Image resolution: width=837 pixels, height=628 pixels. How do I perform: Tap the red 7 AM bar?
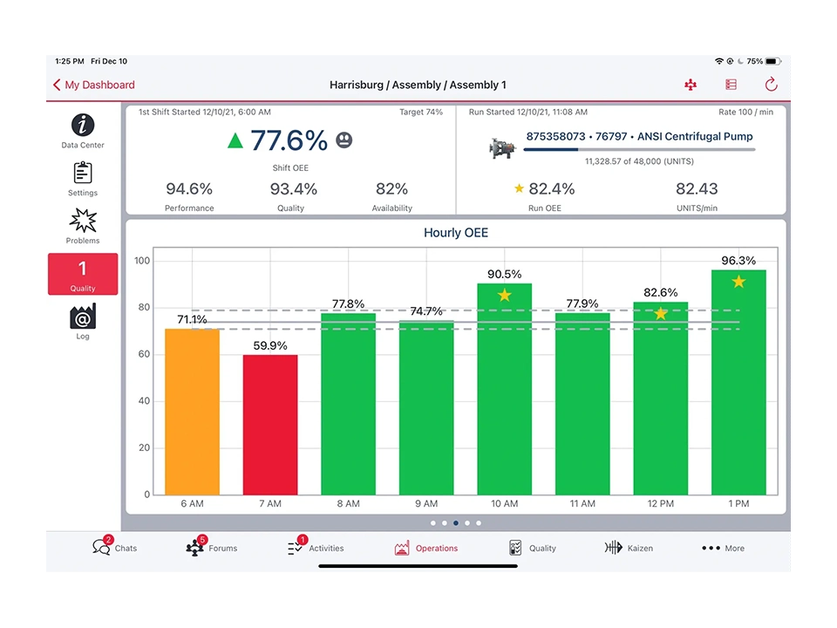pos(270,424)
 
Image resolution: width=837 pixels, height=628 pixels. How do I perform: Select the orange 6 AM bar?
pos(192,411)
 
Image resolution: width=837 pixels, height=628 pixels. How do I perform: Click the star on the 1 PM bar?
pos(738,282)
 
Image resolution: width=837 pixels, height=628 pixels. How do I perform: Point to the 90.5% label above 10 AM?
pos(504,274)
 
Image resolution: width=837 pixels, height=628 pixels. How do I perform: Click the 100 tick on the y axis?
pos(142,261)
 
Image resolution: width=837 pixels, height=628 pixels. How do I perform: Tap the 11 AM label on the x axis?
pos(582,504)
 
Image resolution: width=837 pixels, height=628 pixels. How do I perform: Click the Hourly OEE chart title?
pos(456,233)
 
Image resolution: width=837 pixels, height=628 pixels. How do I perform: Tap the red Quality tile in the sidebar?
pos(83,274)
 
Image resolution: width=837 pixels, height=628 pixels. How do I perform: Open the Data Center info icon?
pos(83,125)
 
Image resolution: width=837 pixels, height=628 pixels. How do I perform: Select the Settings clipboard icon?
pos(83,173)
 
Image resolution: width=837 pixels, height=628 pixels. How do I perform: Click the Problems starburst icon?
pos(83,221)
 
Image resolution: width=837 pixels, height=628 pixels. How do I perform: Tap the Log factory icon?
pos(83,317)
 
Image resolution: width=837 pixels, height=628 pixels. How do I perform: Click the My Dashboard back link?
pos(94,85)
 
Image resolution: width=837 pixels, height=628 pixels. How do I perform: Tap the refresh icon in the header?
pos(771,85)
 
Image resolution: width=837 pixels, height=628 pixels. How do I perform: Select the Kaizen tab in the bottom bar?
pos(629,548)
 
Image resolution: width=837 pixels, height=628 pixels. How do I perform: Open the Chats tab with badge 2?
pos(114,548)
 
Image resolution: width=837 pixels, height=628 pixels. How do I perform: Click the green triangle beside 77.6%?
pos(235,140)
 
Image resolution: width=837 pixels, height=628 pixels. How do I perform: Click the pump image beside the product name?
pos(501,147)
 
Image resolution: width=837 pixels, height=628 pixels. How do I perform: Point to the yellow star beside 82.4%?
pos(519,188)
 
